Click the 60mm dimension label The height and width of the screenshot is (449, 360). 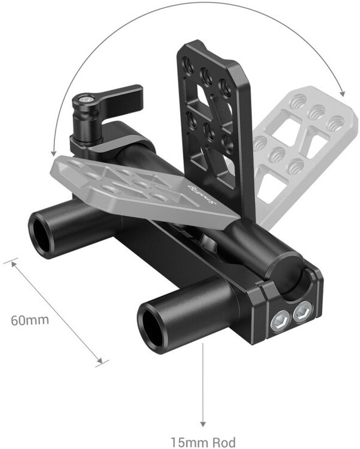(29, 319)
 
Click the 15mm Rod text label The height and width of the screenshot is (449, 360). (199, 442)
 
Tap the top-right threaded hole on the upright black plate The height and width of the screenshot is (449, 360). (225, 87)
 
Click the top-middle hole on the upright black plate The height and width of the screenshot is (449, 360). (206, 75)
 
